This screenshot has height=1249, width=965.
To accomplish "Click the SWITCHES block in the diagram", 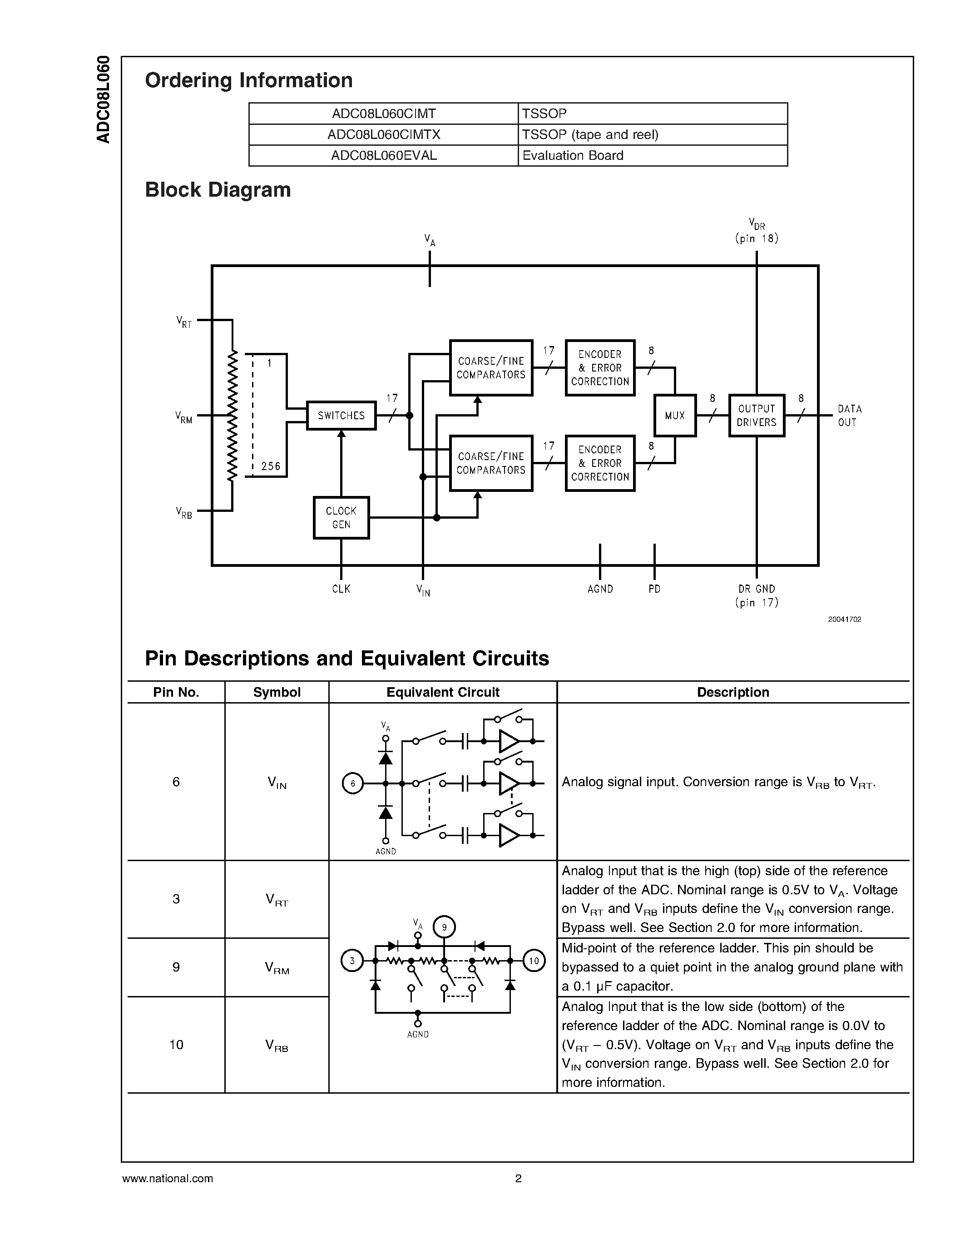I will pyautogui.click(x=341, y=416).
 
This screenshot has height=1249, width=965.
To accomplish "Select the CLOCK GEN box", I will pyautogui.click(x=341, y=518).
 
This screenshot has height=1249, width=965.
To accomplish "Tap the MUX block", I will pyautogui.click(x=674, y=416).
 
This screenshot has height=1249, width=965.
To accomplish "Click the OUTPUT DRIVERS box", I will pyautogui.click(x=757, y=416).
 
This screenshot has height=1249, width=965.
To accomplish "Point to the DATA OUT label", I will pyautogui.click(x=850, y=416).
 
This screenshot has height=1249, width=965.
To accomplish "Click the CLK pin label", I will pyautogui.click(x=341, y=589).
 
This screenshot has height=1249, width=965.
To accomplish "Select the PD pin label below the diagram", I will pyautogui.click(x=654, y=589).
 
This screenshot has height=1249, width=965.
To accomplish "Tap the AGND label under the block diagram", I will pyautogui.click(x=600, y=589).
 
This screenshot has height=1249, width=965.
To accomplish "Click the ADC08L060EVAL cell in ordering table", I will pyautogui.click(x=384, y=155).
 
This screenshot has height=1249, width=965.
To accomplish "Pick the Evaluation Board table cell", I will pyautogui.click(x=573, y=155).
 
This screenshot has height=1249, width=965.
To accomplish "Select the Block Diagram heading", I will pyautogui.click(x=218, y=190).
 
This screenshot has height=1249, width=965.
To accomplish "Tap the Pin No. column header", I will pyautogui.click(x=176, y=692).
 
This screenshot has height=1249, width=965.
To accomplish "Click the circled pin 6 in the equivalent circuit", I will pyautogui.click(x=353, y=783).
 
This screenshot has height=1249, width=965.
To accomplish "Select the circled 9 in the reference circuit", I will pyautogui.click(x=444, y=927).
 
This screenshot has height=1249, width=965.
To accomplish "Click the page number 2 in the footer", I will pyautogui.click(x=519, y=1178).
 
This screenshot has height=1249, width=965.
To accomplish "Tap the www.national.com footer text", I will pyautogui.click(x=168, y=1178).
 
